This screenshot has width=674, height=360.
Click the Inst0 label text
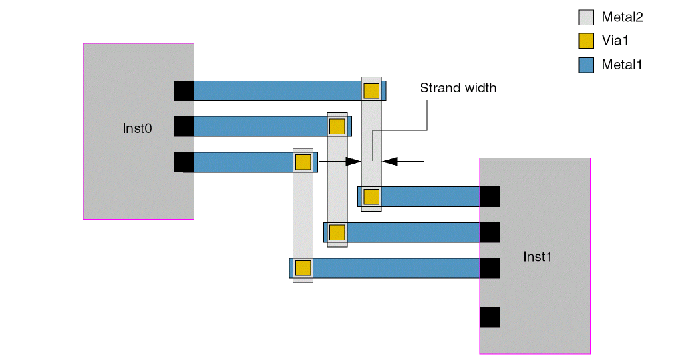coord(138,128)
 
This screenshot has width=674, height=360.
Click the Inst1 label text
coord(538,256)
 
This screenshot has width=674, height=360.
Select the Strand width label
coord(458,88)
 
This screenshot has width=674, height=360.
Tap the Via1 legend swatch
coord(586,41)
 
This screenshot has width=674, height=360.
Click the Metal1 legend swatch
coord(586,65)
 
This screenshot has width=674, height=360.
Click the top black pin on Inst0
coord(184,90)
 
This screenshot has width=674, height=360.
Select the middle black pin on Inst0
coord(184,126)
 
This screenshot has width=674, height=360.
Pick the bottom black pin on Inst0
coord(184,162)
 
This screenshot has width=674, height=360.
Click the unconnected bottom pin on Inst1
coord(490,317)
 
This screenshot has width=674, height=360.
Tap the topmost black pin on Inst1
coord(490,196)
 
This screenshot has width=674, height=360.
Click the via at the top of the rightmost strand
coord(371,90)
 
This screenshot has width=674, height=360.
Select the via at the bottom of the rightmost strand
coord(371,196)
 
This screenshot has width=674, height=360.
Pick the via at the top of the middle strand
coord(337,126)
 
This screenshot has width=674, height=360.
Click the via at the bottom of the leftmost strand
coord(303,268)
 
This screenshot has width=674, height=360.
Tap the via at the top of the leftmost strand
coord(303,162)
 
